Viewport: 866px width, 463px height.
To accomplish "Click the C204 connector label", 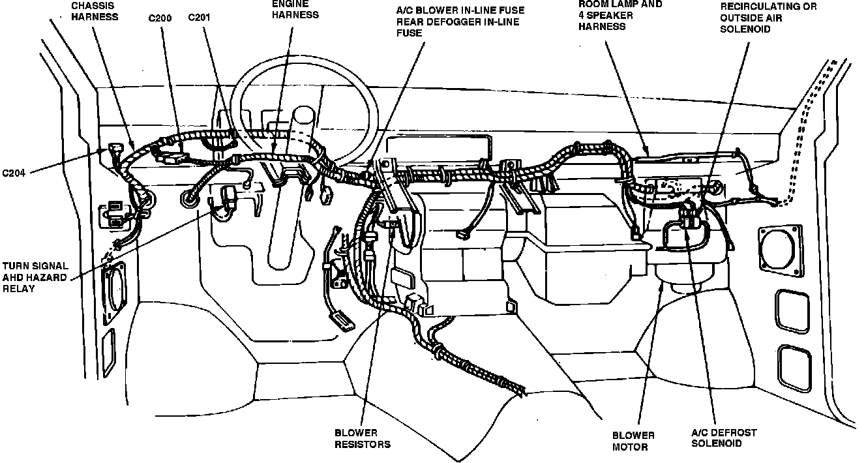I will click(x=14, y=173).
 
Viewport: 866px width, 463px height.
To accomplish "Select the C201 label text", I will click(x=200, y=18).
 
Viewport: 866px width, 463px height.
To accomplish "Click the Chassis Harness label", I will click(x=95, y=12).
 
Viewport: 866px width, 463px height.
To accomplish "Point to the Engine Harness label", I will click(x=295, y=9).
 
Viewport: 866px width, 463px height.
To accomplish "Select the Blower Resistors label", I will click(x=363, y=438).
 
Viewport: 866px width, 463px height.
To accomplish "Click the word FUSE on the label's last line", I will click(x=409, y=33).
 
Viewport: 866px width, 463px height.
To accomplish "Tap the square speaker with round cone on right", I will click(x=779, y=247).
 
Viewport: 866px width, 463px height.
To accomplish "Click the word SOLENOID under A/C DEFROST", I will click(x=715, y=443).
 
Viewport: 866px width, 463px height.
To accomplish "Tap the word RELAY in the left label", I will click(x=18, y=288).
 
